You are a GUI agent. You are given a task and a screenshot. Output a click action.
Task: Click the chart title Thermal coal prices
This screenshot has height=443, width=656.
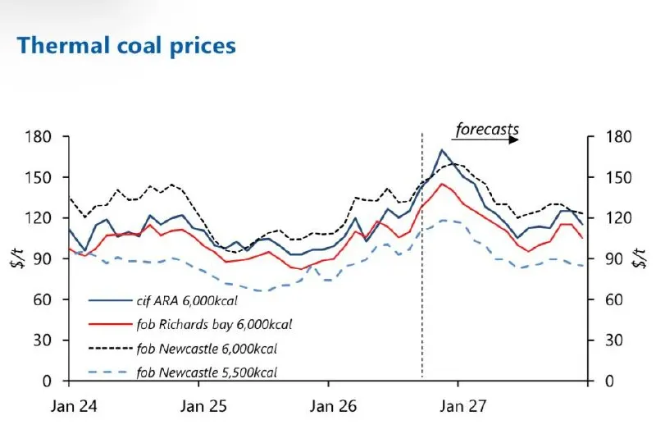point(126,46)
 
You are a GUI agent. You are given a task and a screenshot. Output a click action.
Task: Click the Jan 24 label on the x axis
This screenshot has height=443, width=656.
point(74,406)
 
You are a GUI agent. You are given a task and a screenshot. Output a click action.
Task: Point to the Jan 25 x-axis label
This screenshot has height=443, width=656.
point(203,406)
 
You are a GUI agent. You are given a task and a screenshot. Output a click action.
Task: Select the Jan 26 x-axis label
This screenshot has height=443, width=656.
point(333,406)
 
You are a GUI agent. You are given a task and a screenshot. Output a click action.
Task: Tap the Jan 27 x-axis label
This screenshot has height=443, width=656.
point(462,406)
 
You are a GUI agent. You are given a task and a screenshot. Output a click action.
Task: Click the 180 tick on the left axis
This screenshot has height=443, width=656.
point(38,136)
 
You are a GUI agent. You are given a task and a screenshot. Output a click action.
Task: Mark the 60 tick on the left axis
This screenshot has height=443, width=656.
point(43,299)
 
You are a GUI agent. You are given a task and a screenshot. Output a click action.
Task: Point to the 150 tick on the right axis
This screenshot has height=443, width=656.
point(619,177)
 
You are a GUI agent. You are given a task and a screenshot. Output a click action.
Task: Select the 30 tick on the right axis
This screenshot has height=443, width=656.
point(613,340)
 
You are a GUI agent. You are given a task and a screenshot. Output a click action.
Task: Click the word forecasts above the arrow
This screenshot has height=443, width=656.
point(487,129)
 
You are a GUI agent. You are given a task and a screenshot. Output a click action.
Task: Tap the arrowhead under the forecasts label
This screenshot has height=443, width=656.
point(514,139)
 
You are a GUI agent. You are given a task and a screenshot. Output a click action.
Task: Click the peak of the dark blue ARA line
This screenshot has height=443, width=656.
point(442,150)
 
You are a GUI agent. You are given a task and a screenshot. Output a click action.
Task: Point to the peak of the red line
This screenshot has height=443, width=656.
point(442,184)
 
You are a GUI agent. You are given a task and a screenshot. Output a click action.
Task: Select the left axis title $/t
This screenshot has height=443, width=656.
point(17,258)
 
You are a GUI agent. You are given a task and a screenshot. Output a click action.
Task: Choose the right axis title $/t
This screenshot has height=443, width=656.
point(640,258)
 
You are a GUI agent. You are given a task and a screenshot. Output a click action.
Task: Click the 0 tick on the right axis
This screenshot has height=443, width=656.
point(609,381)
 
